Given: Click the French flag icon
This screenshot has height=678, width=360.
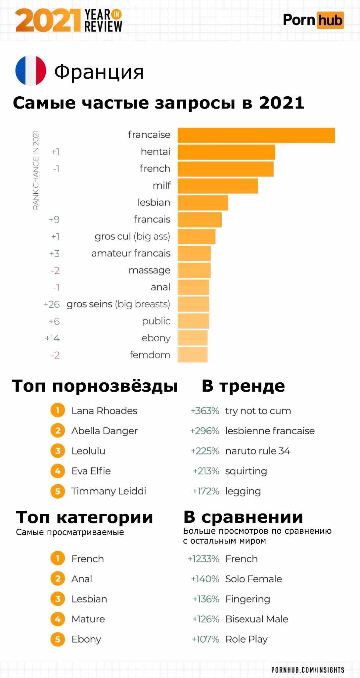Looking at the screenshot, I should click(x=31, y=71).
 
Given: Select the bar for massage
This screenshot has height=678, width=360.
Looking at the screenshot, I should click(x=194, y=270).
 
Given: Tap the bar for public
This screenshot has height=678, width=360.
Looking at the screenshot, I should click(x=193, y=321).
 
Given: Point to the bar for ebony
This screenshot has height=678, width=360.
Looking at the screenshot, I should click(x=193, y=338).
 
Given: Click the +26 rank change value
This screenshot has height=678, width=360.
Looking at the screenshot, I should click(x=52, y=304).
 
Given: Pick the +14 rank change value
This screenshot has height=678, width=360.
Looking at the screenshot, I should click(x=52, y=338).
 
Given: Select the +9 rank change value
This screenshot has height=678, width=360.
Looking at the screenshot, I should click(x=54, y=219).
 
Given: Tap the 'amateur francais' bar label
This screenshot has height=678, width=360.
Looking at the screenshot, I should click(x=131, y=253).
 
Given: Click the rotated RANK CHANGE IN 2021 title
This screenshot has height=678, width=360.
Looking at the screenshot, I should click(x=36, y=170).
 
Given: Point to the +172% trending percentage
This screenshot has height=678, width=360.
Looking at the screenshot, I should click(x=205, y=491).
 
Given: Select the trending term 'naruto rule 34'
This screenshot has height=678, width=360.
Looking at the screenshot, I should click(x=257, y=451).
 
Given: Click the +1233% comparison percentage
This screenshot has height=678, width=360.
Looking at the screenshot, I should click(x=203, y=559).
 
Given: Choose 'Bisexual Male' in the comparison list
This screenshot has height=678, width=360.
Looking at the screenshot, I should click(x=256, y=619).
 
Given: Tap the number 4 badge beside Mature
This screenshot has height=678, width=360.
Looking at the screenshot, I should click(x=58, y=619).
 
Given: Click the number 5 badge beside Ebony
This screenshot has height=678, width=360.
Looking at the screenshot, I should click(x=58, y=639).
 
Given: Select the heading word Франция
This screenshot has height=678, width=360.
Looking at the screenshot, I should click(x=99, y=72).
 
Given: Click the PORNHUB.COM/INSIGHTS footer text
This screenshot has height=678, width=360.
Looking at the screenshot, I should click(x=308, y=670).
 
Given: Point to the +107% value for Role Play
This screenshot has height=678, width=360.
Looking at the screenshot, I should click(x=205, y=639).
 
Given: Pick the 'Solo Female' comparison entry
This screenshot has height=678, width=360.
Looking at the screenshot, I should click(x=253, y=579).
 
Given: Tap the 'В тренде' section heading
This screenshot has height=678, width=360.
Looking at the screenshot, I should click(x=243, y=386).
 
